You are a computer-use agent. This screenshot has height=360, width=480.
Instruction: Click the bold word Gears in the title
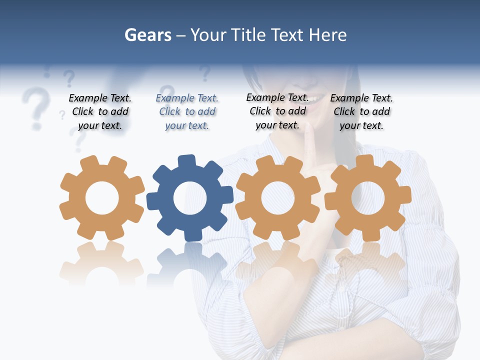[147, 35]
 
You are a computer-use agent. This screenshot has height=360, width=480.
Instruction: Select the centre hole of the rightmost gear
[367, 197]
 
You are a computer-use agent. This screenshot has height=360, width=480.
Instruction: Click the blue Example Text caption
[187, 112]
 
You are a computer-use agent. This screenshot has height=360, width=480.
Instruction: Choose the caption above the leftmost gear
[100, 112]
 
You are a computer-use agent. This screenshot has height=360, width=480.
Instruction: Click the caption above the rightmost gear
[361, 112]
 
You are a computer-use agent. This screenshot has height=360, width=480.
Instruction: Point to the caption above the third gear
[277, 111]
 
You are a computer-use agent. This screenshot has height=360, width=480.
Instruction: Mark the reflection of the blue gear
[189, 265]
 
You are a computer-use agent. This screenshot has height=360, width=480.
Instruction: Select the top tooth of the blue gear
[187, 161]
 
